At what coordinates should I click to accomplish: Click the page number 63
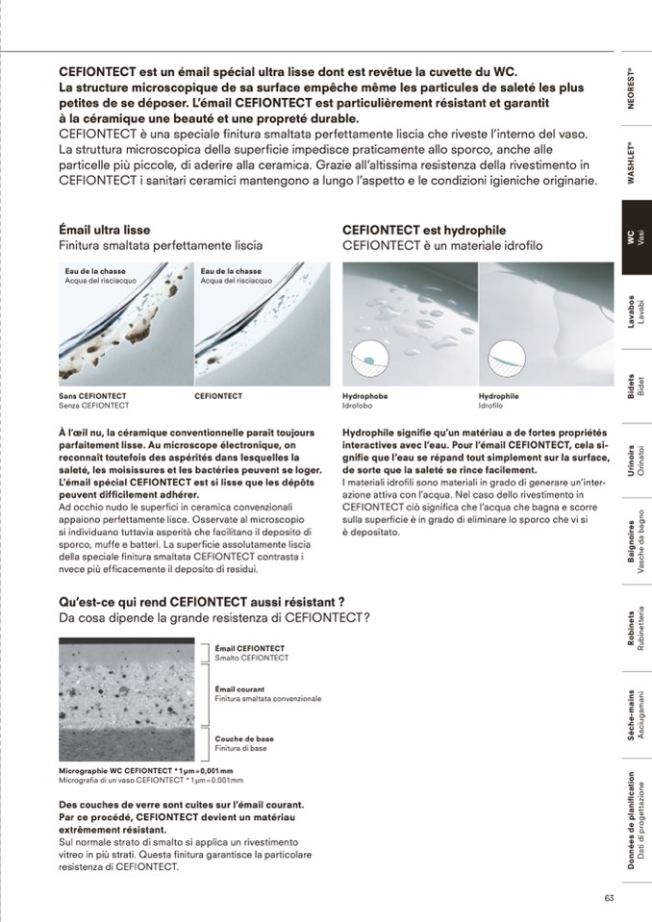609,898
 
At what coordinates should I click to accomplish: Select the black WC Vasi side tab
635,237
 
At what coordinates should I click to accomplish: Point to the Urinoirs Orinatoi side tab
635,462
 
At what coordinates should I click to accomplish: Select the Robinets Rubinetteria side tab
635,630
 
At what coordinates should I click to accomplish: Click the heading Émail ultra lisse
105,231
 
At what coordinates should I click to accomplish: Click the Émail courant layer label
240,689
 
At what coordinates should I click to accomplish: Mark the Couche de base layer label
244,739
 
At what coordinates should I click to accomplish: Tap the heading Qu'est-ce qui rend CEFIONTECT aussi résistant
202,602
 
